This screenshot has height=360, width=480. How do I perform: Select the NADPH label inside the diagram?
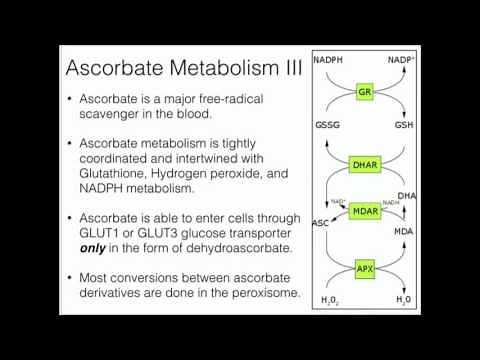point(329,60)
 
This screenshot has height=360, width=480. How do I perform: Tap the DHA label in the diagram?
point(406,195)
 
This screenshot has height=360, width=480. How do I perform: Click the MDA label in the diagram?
point(405,231)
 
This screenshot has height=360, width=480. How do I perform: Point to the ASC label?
point(323,221)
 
